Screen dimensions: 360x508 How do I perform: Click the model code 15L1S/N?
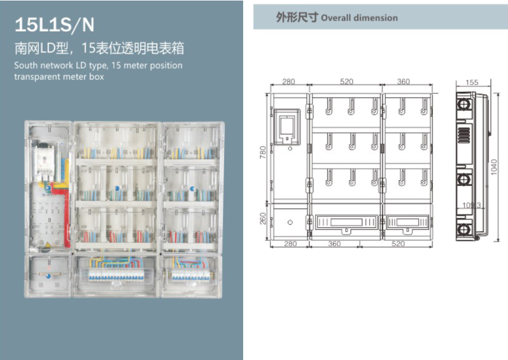[54, 25]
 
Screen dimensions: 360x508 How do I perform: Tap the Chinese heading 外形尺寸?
[297, 17]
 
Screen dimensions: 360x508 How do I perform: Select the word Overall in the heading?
[336, 18]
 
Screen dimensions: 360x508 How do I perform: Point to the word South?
[25, 65]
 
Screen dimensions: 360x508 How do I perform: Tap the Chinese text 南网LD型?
[41, 48]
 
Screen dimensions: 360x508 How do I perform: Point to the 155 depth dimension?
[471, 83]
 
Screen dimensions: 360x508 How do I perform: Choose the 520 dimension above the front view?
[346, 82]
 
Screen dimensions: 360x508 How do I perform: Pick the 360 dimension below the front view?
[334, 244]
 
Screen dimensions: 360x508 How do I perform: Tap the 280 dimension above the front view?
[289, 82]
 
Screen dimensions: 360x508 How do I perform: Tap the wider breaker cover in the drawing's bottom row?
[346, 223]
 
